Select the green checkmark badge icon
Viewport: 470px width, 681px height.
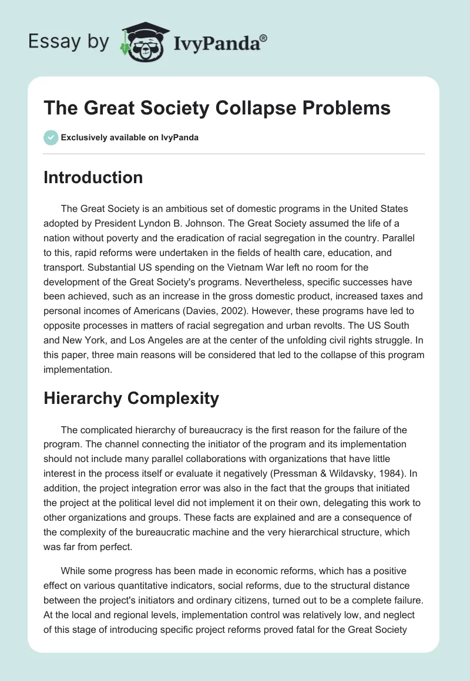(51, 138)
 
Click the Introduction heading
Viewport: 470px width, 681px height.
(93, 177)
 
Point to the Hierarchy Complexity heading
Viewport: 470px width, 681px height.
(131, 398)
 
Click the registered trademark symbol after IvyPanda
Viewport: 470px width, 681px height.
(264, 38)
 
